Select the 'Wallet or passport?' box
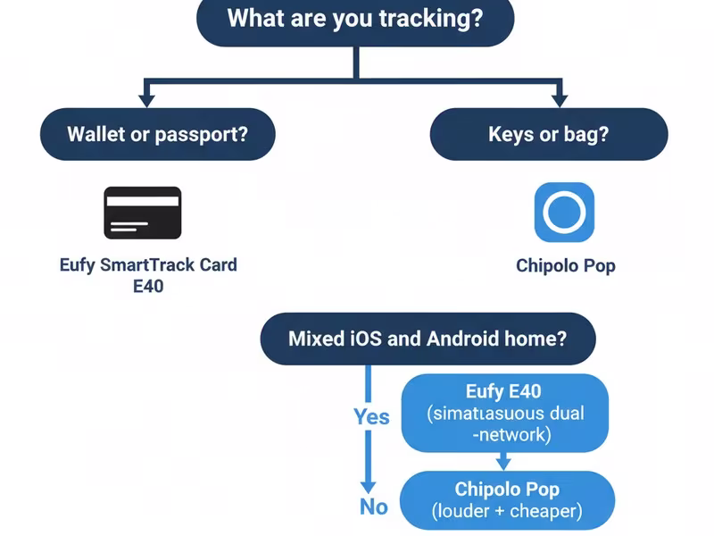(157, 134)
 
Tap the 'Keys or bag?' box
(548, 134)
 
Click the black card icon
(143, 213)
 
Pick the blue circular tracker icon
(564, 213)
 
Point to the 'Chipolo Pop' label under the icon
(565, 265)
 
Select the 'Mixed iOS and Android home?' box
(428, 339)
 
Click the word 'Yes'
(371, 416)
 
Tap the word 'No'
(374, 507)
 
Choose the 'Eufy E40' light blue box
(504, 413)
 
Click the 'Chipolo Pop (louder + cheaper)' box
(507, 499)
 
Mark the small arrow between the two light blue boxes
(503, 462)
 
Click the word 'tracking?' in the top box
(437, 18)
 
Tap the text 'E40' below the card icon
(148, 286)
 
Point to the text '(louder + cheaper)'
(507, 511)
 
